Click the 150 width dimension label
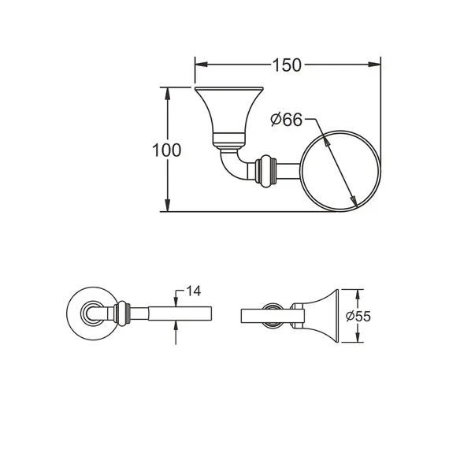point(289,65)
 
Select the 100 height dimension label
point(167,150)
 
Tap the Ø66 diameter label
point(286,120)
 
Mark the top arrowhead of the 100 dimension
point(167,91)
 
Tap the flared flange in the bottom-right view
point(323,315)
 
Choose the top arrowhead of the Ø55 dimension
point(354,292)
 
